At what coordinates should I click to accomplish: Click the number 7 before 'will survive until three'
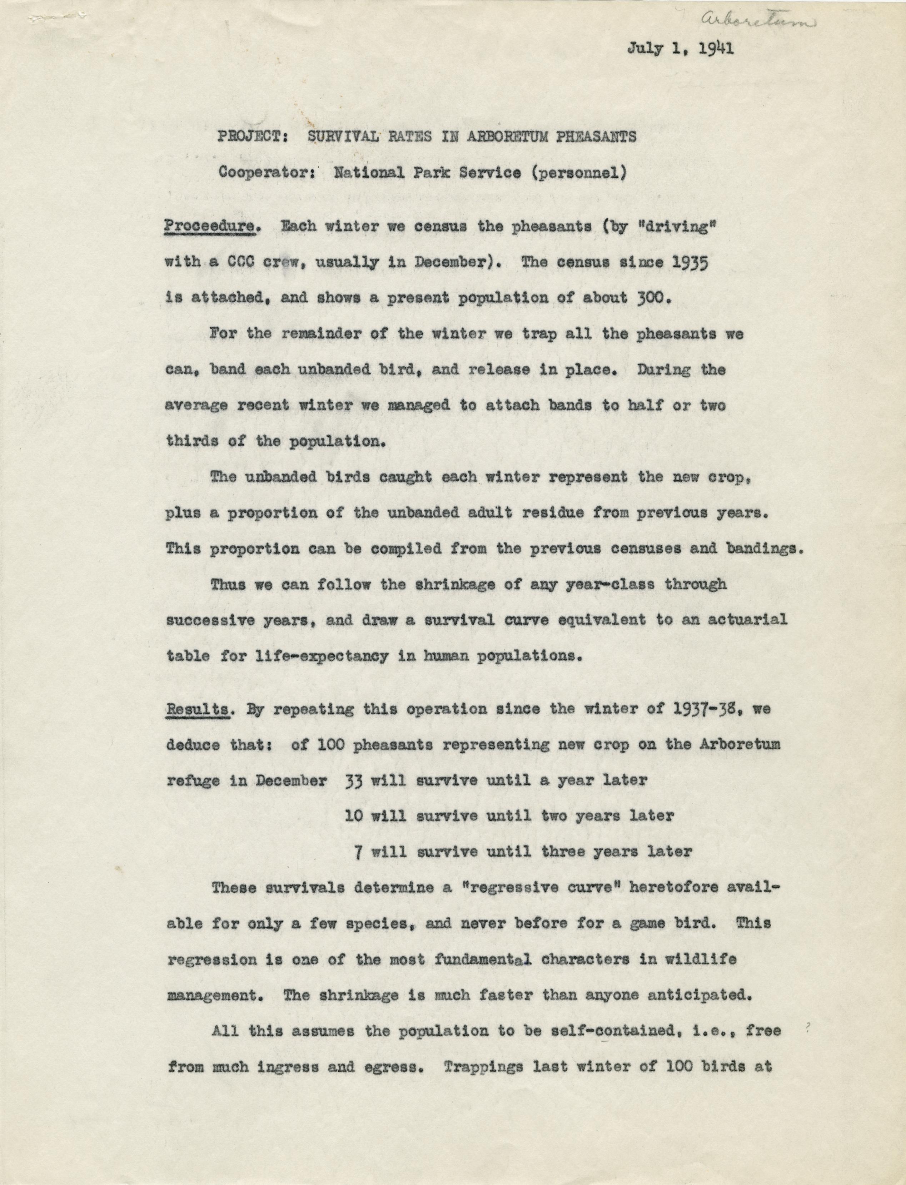(x=358, y=852)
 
